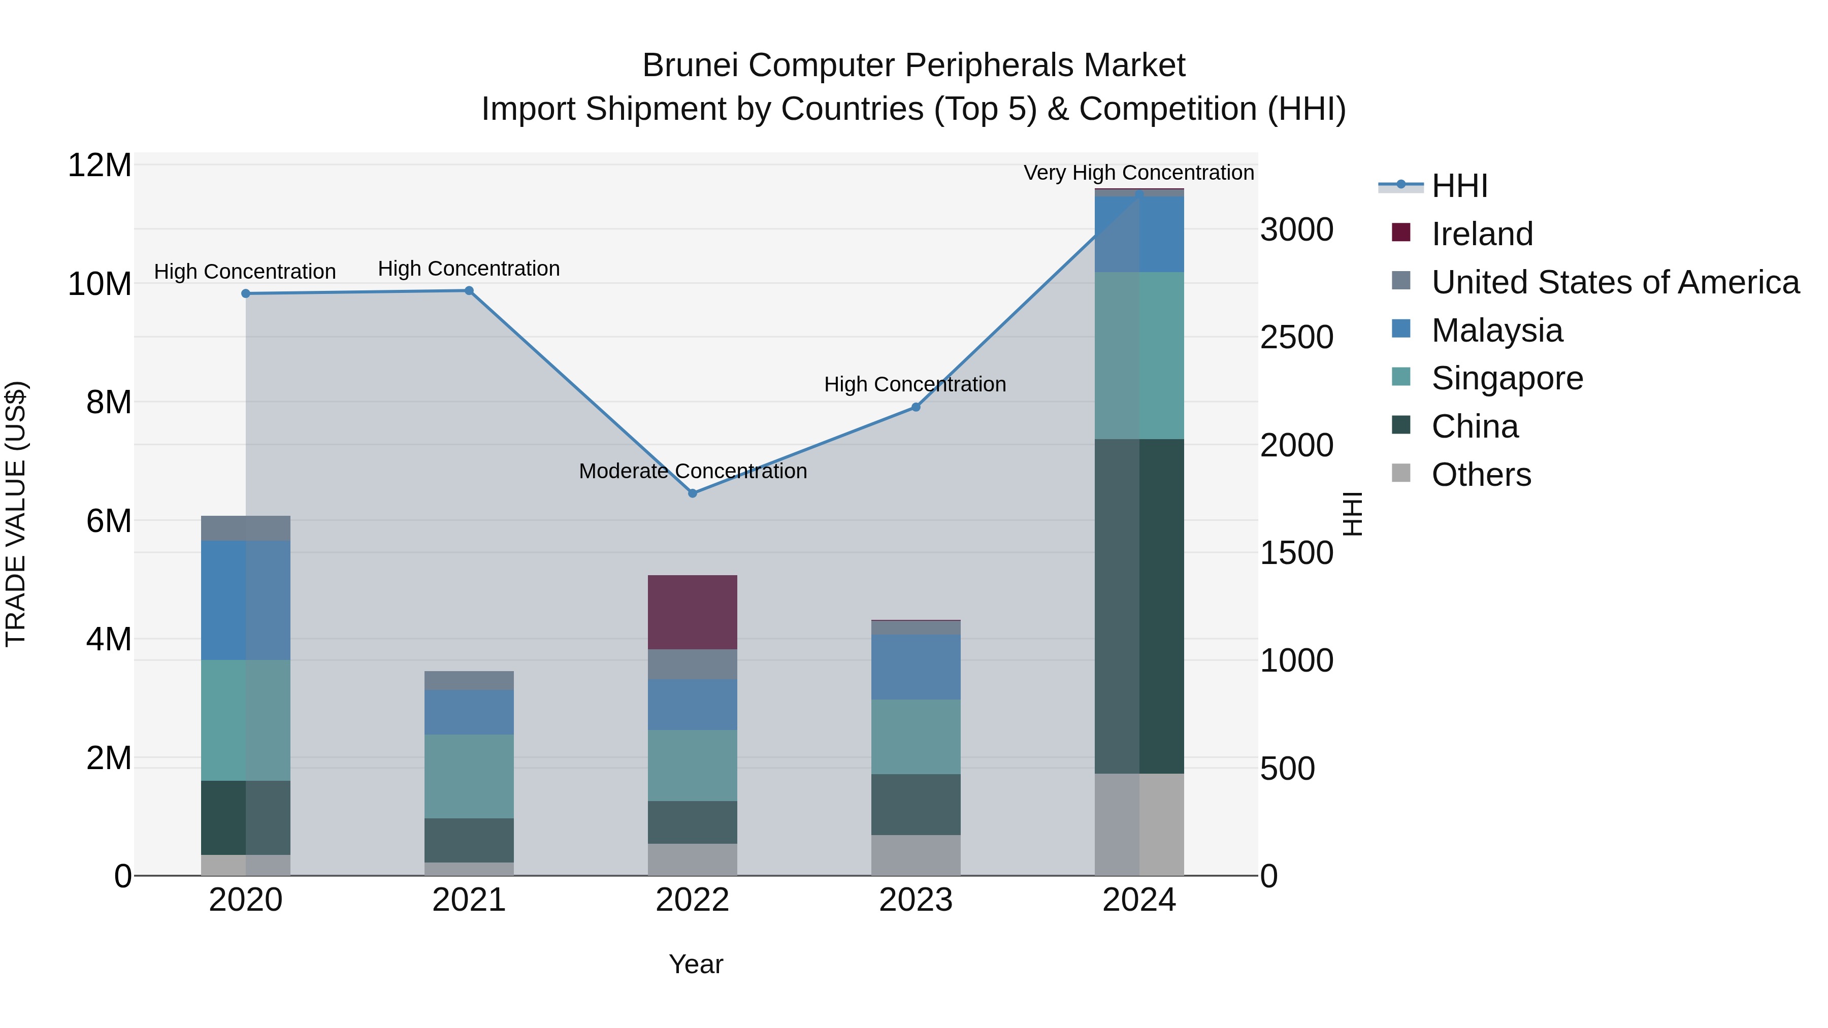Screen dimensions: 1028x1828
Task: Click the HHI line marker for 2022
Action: click(x=693, y=493)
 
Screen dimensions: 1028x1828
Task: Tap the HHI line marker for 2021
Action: click(x=469, y=291)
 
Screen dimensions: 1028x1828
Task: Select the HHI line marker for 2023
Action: click(x=916, y=407)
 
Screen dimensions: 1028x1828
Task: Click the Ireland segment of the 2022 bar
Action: click(x=693, y=612)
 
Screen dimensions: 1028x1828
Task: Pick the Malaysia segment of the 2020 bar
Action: click(x=246, y=600)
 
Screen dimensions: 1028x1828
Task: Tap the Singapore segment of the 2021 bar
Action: click(x=469, y=776)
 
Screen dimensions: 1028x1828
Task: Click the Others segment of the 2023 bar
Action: click(x=916, y=855)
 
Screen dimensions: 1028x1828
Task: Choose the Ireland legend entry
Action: click(x=1482, y=234)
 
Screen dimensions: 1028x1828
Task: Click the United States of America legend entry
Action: click(x=1614, y=282)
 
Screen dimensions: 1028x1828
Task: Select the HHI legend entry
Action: click(x=1459, y=186)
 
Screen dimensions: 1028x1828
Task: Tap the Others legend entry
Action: click(x=1481, y=475)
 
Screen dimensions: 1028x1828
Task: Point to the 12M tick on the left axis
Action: click(x=100, y=165)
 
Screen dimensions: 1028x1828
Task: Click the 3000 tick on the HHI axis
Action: click(x=1296, y=230)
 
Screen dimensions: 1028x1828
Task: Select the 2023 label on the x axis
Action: click(x=916, y=900)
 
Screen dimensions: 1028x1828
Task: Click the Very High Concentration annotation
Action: click(x=1138, y=173)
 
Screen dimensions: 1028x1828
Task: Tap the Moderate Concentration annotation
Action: click(x=693, y=471)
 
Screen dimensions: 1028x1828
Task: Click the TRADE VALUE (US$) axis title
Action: click(x=16, y=514)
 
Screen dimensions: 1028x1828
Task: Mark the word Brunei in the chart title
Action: click(x=690, y=65)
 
